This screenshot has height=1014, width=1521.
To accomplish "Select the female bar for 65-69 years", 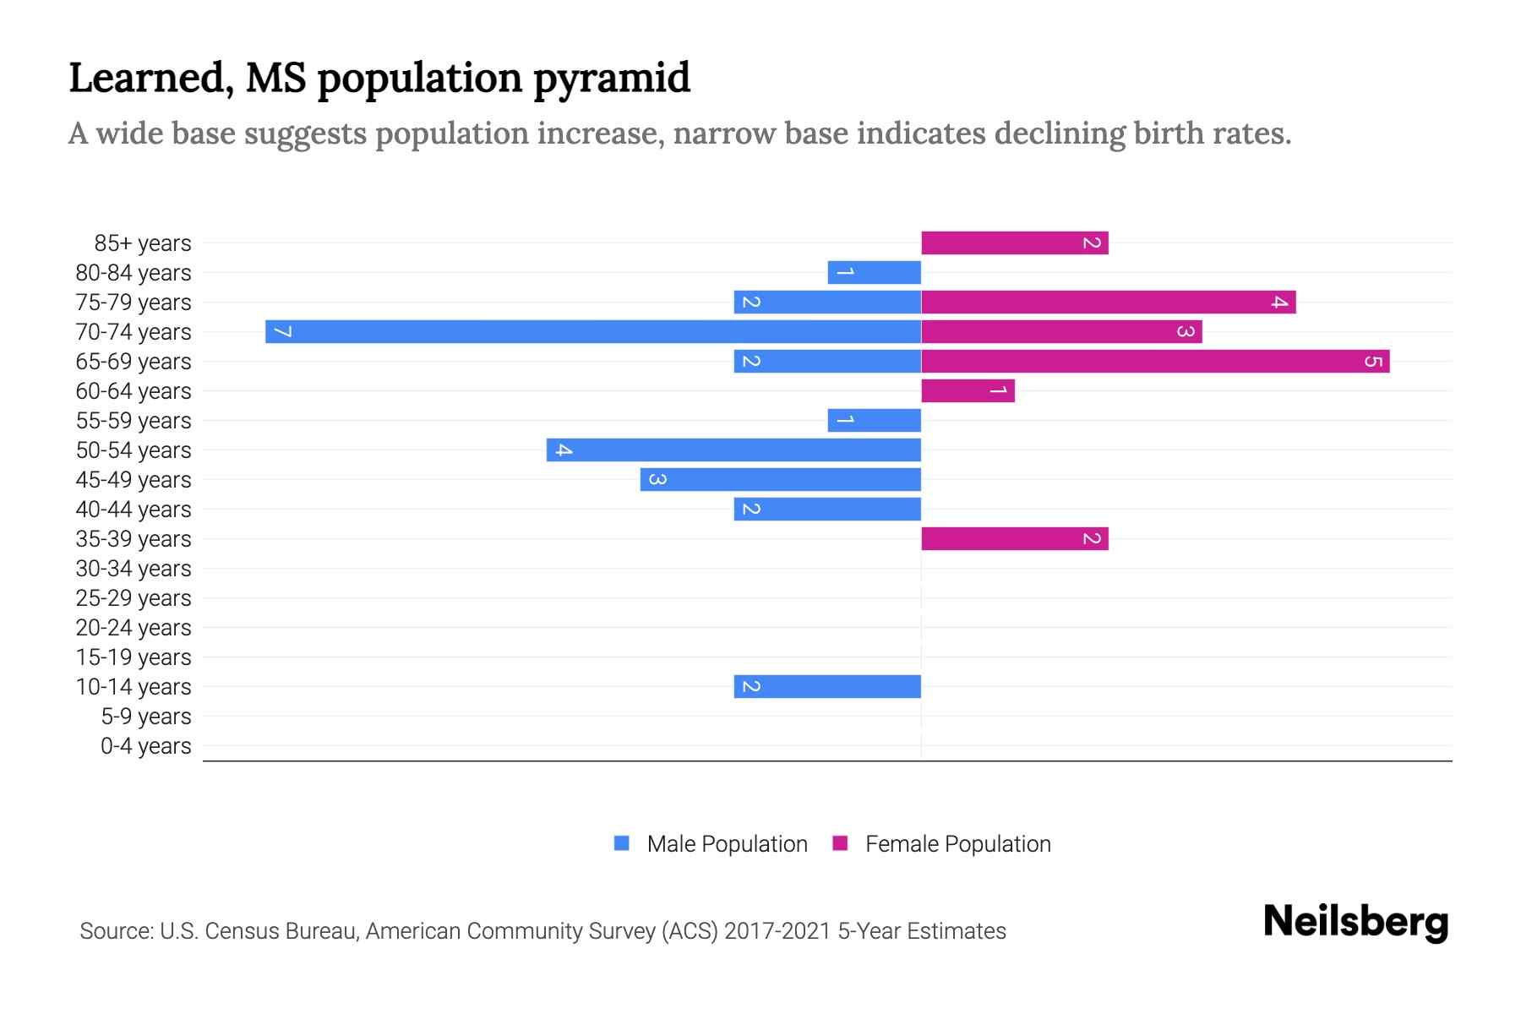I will (1154, 361).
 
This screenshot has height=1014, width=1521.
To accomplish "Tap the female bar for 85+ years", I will (1014, 243).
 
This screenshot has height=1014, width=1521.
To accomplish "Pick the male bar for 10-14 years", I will (827, 686).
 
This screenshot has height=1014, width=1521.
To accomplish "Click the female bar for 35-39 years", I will (1014, 538).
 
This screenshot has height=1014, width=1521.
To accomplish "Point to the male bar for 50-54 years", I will (733, 450).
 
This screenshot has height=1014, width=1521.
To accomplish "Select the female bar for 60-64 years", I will (968, 390).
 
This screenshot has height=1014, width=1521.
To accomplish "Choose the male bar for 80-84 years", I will (874, 272).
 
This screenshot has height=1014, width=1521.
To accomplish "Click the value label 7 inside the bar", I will (283, 331).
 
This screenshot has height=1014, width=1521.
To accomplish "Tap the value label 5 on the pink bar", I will (1373, 362).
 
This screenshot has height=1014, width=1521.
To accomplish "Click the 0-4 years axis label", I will (145, 746).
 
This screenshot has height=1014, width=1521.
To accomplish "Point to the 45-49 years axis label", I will (134, 480).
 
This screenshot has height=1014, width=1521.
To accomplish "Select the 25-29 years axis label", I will (134, 598).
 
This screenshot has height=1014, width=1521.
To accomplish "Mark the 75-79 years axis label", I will (134, 303).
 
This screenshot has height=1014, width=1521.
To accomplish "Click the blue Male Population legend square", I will (622, 843).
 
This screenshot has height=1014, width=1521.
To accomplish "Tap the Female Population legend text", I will (957, 844).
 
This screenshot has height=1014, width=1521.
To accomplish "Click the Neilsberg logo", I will (1355, 922).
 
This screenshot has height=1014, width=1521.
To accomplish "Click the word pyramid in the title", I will (612, 79).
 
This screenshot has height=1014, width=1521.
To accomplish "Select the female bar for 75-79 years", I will (1108, 302).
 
